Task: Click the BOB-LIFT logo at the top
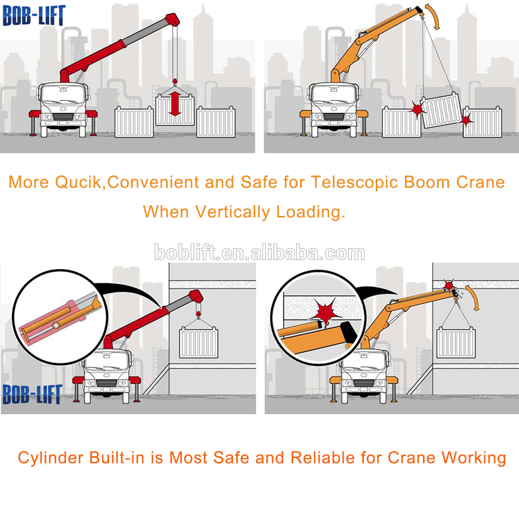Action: [34, 15]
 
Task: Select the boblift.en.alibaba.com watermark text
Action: [259, 253]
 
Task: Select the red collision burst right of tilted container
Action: [467, 119]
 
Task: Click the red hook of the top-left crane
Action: [175, 81]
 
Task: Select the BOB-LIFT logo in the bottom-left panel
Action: [33, 394]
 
